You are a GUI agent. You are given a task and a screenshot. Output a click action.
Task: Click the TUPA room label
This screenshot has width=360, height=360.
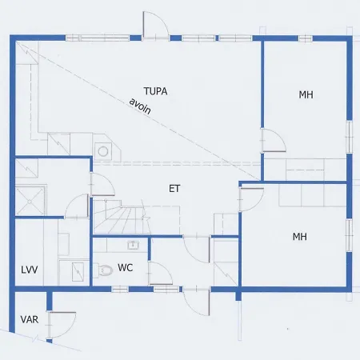156,91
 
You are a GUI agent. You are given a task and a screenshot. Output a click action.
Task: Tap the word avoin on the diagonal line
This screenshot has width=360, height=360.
140,106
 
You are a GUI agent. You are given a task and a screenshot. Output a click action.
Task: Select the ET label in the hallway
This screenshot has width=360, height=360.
174,189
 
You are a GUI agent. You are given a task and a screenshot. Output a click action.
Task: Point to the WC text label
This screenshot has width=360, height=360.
125,267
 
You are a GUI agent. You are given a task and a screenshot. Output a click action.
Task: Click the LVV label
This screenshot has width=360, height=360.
30,270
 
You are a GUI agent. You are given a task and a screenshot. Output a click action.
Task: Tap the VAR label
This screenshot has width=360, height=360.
30,319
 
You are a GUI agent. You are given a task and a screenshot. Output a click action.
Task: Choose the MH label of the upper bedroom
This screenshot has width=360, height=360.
306,94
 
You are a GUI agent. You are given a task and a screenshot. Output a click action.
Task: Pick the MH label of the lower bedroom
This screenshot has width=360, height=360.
300,237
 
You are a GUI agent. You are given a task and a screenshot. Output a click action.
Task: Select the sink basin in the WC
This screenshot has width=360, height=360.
133,245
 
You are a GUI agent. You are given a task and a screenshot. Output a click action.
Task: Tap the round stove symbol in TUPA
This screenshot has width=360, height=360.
103,151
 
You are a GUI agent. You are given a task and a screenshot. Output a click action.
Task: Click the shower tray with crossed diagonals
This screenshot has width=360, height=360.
30,202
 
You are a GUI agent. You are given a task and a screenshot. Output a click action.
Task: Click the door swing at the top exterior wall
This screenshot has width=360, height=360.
155,26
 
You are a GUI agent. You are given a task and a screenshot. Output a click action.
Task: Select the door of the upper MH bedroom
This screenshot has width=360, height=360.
274,141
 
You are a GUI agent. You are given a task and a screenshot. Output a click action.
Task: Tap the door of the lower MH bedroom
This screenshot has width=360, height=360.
251,199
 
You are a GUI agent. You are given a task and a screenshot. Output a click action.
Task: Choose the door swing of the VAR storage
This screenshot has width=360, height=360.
62,326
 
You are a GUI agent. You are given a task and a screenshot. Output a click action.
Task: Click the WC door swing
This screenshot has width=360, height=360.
160,274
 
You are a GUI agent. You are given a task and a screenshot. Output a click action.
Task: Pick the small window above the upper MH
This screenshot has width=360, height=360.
306,38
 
